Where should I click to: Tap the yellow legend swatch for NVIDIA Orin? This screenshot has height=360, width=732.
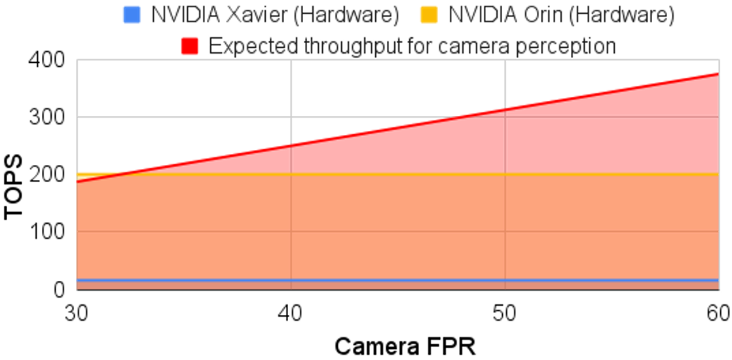(429, 15)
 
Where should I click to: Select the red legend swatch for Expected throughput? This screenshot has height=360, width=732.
(191, 46)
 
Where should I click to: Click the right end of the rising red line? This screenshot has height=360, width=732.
(718, 73)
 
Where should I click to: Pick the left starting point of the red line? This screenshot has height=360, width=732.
(78, 182)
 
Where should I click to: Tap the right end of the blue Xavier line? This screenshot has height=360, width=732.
(718, 280)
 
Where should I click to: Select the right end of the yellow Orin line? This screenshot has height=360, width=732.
(718, 174)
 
